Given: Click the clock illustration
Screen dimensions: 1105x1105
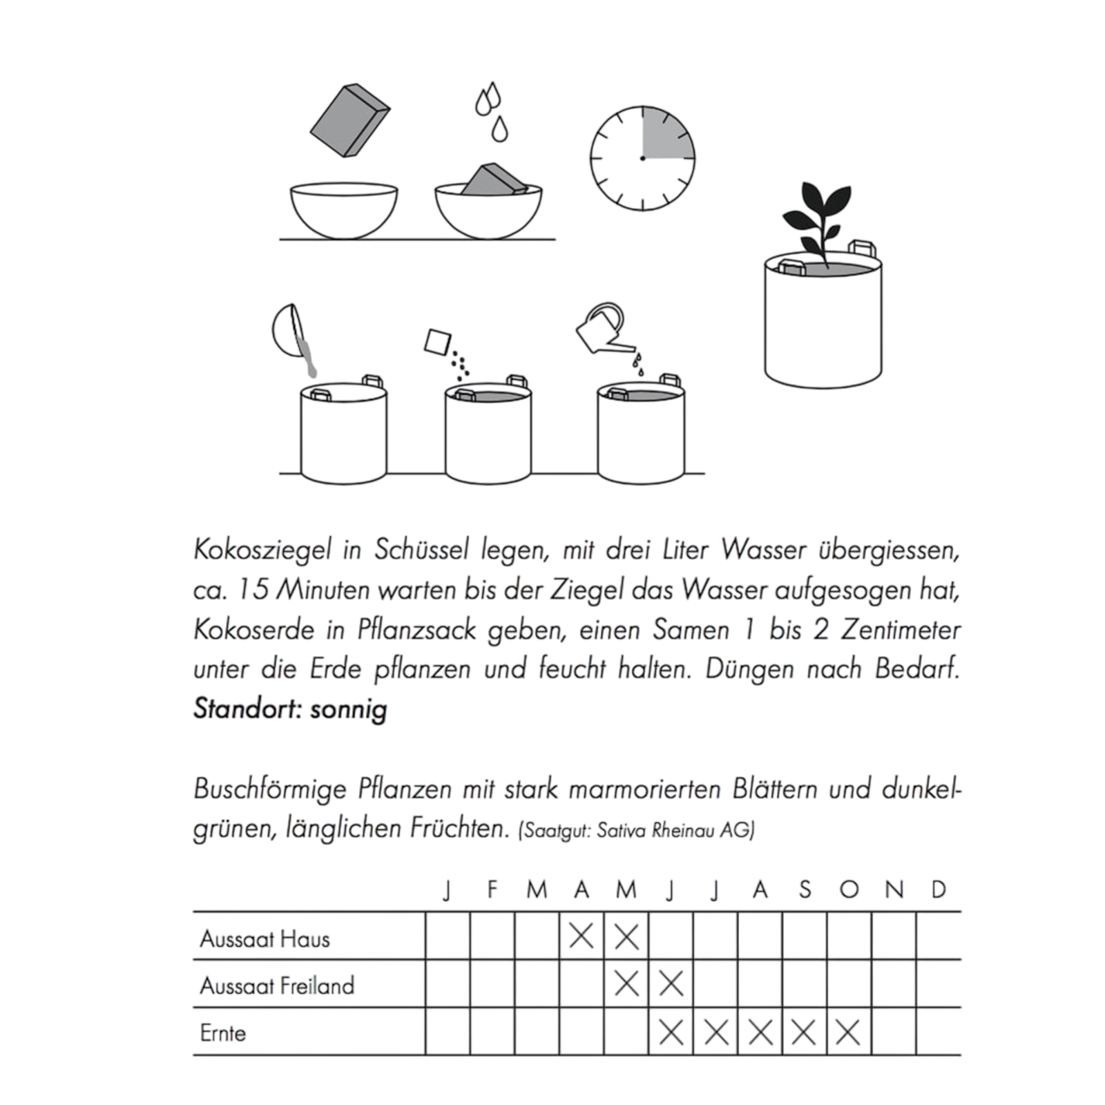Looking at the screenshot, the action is [642, 158].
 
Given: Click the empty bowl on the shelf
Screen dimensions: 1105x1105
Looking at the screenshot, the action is [344, 210].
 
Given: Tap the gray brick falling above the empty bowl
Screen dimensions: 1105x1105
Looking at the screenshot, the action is [349, 121].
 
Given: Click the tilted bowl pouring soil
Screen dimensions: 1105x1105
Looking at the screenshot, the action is [289, 332].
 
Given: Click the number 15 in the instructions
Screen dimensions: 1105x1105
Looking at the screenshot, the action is [253, 590].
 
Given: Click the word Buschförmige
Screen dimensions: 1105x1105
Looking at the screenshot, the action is [269, 789].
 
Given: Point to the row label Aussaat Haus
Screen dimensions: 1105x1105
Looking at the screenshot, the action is [265, 939].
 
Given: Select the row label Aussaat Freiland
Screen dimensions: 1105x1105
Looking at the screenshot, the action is [277, 986].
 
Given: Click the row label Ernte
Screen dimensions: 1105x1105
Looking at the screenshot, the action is [222, 1033].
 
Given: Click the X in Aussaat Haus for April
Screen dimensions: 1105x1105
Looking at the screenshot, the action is [582, 937].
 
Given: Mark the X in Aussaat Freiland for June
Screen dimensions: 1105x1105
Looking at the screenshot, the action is [671, 984].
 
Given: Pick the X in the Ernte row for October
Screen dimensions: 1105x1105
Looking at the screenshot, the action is [848, 1032].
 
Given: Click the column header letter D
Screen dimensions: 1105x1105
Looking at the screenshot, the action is [938, 890].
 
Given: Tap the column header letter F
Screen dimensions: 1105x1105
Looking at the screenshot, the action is [492, 890].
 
